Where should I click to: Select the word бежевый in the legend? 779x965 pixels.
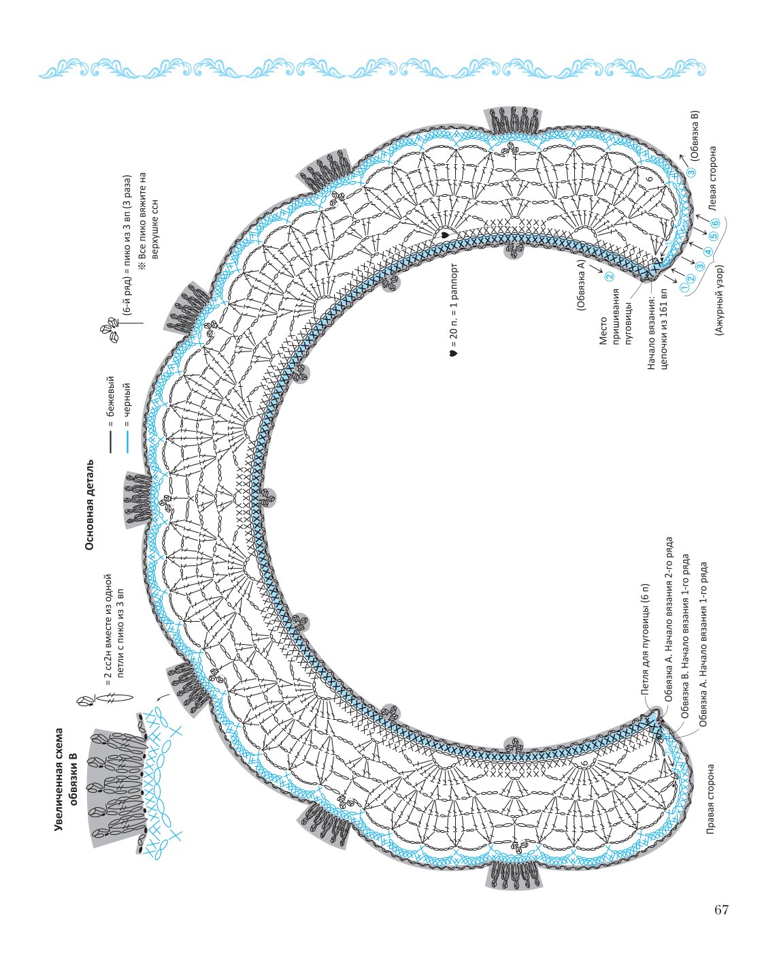(110, 396)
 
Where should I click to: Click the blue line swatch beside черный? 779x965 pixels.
(128, 442)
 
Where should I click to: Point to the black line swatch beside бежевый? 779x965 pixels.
(110, 442)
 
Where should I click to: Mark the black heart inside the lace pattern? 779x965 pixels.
(444, 235)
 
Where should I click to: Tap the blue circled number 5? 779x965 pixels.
(712, 236)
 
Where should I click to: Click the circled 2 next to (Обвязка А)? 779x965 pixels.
(610, 276)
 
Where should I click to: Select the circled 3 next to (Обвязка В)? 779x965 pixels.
(691, 172)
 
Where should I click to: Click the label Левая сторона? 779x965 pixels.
(712, 178)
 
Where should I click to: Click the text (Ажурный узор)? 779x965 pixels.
(719, 300)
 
